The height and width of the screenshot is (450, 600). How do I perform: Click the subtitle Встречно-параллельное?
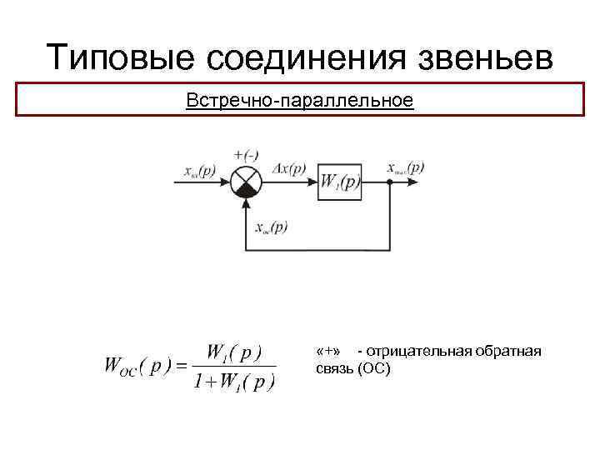click(x=300, y=101)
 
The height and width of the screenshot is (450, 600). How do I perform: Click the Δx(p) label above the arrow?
click(x=290, y=167)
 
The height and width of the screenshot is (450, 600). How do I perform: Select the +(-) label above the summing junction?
click(x=248, y=154)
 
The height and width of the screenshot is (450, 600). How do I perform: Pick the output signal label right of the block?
click(x=406, y=167)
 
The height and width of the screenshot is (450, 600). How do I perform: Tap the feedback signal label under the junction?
click(x=272, y=226)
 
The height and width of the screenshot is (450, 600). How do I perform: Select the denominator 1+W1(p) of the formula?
click(x=233, y=382)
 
